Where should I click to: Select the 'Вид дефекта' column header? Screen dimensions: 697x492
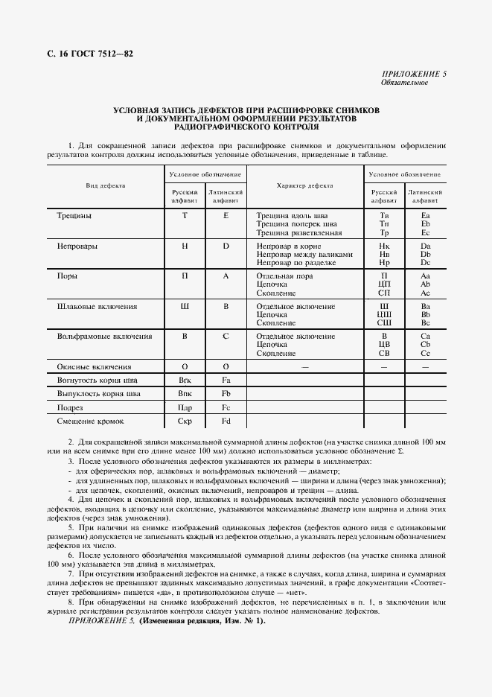point(106,185)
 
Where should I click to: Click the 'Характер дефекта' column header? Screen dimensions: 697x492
point(304,185)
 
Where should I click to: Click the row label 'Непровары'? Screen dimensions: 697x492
point(77,245)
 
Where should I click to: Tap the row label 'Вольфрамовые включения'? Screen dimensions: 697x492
point(104,337)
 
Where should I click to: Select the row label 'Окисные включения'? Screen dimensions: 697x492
point(95,366)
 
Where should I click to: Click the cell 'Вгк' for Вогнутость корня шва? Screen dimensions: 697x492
point(185,380)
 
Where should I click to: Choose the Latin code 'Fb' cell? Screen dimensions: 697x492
point(226,393)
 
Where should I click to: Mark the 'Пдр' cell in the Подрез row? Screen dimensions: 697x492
point(185,407)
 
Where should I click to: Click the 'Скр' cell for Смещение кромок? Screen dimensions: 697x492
point(185,421)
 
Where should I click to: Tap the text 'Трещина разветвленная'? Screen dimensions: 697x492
point(299,232)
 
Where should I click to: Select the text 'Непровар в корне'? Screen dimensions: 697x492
point(289,245)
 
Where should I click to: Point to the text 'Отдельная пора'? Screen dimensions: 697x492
point(286,276)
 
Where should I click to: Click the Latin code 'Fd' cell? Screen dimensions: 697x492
point(226,421)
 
